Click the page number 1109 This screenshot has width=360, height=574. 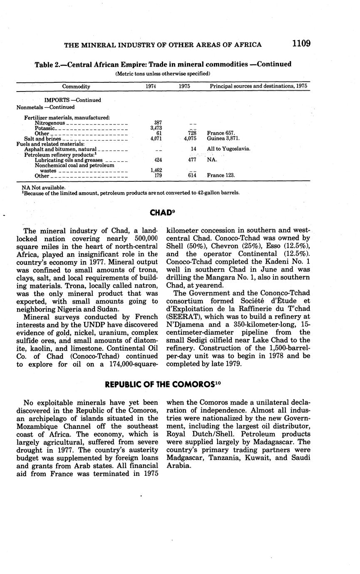301,44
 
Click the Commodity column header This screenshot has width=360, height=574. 76,87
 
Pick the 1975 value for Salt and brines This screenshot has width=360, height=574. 189,139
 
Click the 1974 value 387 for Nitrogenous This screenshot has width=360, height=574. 158,123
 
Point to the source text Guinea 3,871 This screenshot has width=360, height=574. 223,139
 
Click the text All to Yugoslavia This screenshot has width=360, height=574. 228,149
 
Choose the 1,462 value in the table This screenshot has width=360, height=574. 156,170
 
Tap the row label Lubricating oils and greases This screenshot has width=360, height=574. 69,160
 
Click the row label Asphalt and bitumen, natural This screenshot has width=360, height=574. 60,149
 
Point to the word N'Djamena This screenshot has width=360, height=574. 186,324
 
